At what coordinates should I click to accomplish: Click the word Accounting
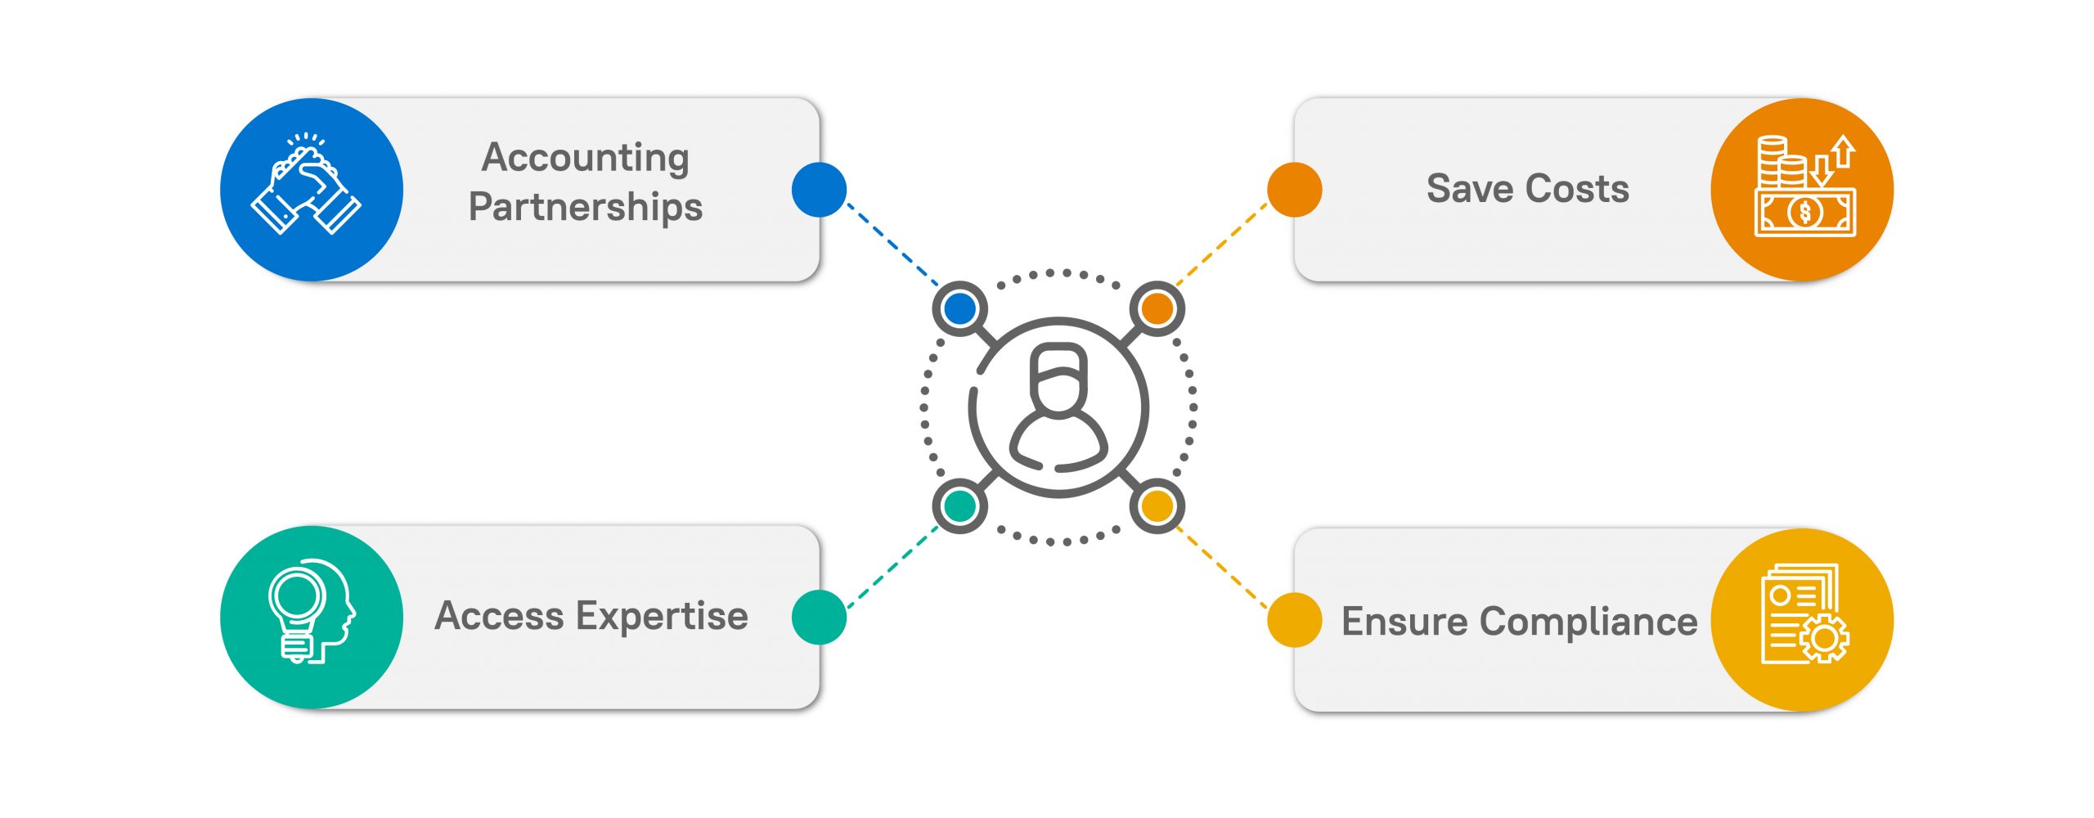click(x=586, y=159)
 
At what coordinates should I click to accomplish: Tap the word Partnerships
click(x=586, y=207)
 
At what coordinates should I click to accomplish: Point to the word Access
click(x=500, y=616)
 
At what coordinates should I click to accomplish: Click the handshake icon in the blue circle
click(x=306, y=184)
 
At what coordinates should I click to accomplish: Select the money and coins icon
click(x=1805, y=187)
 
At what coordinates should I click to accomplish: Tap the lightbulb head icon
click(x=312, y=611)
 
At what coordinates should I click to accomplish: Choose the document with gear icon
click(x=1805, y=613)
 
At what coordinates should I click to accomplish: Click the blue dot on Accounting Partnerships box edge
click(x=819, y=190)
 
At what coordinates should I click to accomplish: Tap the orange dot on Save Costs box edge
click(x=1295, y=190)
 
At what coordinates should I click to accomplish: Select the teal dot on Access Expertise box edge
click(x=819, y=617)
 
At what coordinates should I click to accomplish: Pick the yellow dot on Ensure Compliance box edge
click(x=1295, y=620)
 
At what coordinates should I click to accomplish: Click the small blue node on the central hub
click(x=959, y=308)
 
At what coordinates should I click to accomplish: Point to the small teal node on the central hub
click(x=959, y=506)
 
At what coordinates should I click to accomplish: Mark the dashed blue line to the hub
click(x=892, y=244)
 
